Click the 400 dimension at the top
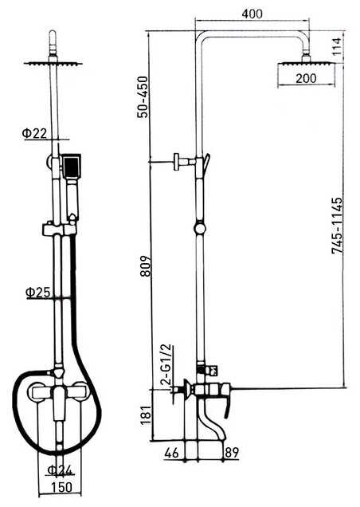click(252, 14)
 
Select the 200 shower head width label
click(306, 78)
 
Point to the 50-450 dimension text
click(142, 96)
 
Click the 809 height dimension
click(145, 265)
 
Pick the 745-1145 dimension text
click(337, 226)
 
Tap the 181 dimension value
click(146, 415)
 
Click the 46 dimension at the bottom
click(171, 453)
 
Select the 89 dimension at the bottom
click(232, 453)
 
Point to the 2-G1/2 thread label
click(168, 364)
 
